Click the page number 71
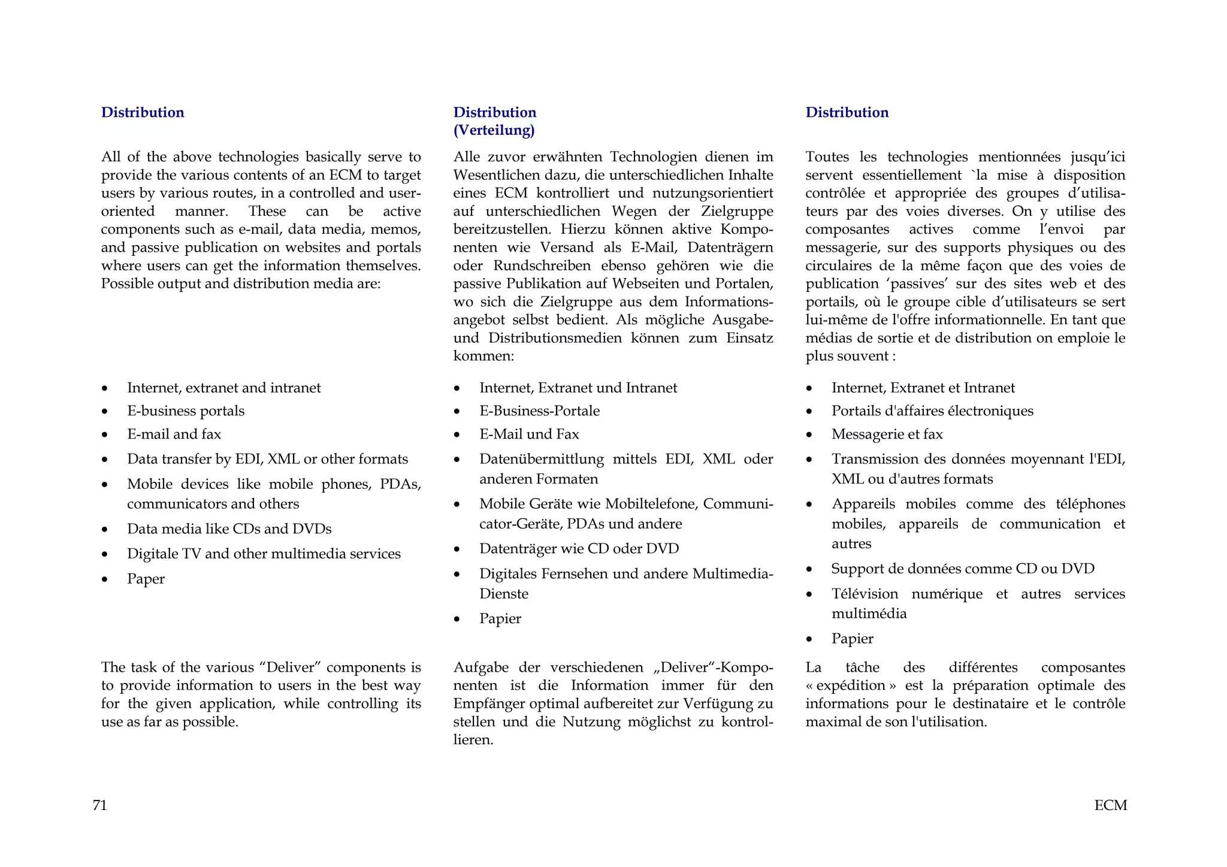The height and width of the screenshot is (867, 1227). coord(99,805)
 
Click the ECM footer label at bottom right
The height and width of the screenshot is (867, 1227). coord(1110,805)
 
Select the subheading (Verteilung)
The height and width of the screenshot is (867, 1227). coord(494,130)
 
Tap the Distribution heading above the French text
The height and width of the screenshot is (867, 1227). coord(847,112)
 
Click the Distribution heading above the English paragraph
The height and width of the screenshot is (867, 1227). coord(143,112)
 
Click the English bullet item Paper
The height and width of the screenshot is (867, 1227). coord(146,579)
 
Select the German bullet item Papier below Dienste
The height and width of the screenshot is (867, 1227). coord(500,618)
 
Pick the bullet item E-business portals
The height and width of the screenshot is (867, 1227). coord(186,411)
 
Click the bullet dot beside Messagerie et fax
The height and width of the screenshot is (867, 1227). coord(809,435)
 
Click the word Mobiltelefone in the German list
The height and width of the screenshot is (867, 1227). coord(651,504)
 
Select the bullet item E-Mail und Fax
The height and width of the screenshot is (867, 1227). coord(529,434)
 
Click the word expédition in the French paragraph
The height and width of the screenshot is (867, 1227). coord(850,685)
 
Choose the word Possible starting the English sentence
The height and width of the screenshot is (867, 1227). coord(127,283)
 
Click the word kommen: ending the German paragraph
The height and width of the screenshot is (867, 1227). coord(483,356)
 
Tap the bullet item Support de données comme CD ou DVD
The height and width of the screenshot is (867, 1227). coord(962,569)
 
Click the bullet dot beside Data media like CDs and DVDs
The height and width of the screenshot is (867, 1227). coord(105,530)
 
